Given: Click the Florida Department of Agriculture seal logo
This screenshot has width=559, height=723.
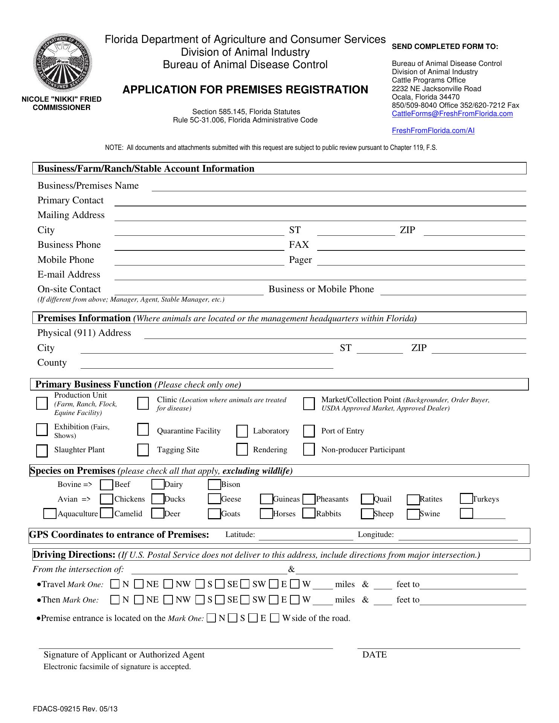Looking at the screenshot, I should [x=63, y=63].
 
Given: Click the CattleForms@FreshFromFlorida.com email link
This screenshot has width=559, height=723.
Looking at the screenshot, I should [x=452, y=114].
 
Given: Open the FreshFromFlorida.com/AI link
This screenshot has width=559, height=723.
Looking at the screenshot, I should [x=433, y=131].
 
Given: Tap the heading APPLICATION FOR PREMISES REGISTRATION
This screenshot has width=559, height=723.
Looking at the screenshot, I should [x=245, y=90].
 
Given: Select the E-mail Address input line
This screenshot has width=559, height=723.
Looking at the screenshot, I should [x=319, y=276].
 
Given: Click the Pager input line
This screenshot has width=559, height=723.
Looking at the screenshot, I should [x=421, y=261].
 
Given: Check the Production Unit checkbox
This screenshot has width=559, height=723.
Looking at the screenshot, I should [x=42, y=403].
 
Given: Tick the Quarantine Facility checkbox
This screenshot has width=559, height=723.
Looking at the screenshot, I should [x=143, y=430].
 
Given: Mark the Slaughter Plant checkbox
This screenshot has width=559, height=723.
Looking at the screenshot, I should [x=42, y=450].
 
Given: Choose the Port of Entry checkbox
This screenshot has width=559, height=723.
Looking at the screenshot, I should [x=309, y=431].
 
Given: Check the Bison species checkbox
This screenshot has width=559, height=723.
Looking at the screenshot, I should [x=214, y=485].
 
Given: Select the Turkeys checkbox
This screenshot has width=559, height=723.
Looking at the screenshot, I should [x=466, y=499].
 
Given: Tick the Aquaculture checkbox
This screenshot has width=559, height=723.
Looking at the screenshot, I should [x=50, y=514].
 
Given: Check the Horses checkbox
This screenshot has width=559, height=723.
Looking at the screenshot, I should [x=266, y=514].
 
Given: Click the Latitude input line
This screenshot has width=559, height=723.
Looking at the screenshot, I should [x=305, y=536].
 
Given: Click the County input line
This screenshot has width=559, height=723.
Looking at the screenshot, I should [x=207, y=365].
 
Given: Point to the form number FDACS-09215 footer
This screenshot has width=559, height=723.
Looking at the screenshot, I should [x=75, y=709].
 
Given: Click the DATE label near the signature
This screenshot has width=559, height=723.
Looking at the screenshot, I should [x=374, y=654].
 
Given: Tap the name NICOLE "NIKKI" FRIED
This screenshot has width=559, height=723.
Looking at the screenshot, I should [x=61, y=99].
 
